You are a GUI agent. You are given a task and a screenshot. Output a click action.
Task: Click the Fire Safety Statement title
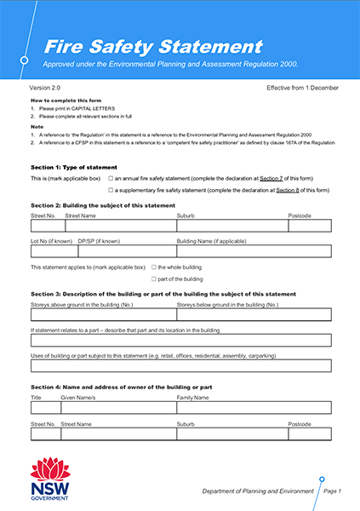pos(152,47)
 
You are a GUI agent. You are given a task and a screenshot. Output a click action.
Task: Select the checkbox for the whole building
pos(153,267)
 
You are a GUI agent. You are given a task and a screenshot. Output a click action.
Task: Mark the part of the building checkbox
pos(153,278)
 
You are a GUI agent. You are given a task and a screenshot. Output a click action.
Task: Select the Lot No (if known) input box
pos(51,251)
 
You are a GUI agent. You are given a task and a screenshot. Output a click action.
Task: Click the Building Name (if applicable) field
pos(253,251)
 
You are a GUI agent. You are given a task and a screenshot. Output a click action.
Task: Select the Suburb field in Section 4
pos(229,433)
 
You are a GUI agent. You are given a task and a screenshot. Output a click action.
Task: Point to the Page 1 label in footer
pos(333,491)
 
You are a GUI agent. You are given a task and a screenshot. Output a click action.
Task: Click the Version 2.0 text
pos(46,88)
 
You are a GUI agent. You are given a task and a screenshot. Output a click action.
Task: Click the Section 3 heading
pos(163,294)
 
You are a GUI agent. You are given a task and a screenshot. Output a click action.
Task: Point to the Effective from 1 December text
pos(302,88)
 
